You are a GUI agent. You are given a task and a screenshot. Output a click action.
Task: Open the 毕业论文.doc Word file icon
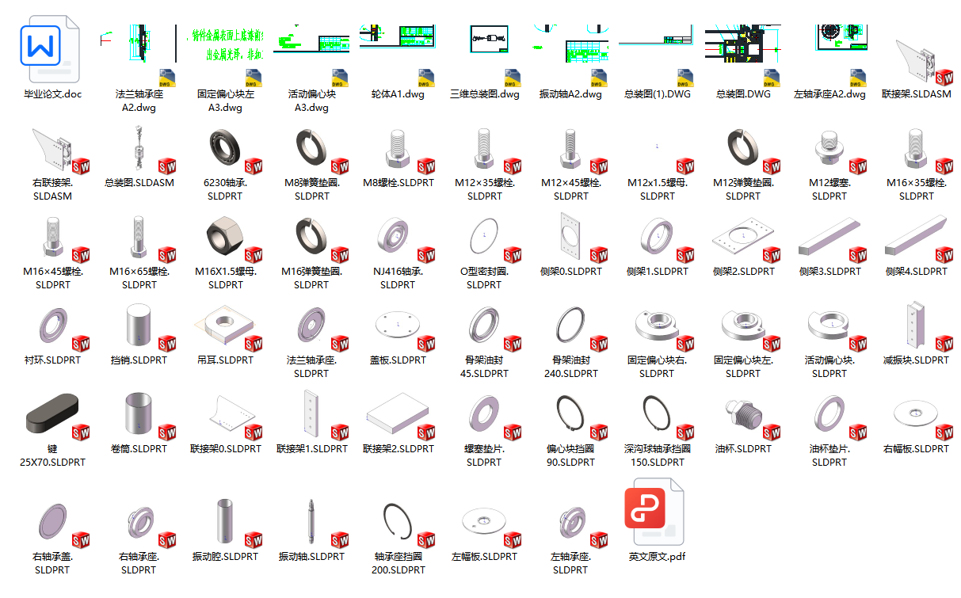[50, 49]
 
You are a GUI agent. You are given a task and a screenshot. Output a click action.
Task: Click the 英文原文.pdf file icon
[654, 512]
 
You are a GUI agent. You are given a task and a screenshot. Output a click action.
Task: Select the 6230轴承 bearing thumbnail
[225, 147]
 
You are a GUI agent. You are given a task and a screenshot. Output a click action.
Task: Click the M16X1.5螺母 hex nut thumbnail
[225, 235]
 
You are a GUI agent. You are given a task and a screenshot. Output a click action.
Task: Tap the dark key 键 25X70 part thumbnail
[52, 413]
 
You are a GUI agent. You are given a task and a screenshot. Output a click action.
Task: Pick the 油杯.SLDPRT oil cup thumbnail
[743, 414]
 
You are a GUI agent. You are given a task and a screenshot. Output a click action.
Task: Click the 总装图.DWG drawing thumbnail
[743, 44]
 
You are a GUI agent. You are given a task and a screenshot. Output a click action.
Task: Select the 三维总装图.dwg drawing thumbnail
[489, 39]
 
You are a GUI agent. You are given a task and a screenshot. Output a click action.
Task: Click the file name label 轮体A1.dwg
[398, 94]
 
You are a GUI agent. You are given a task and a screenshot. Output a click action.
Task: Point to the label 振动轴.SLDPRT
[311, 557]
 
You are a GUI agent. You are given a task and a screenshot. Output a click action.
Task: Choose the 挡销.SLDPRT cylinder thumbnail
[138, 325]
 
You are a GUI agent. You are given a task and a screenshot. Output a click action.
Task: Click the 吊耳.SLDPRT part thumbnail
[224, 324]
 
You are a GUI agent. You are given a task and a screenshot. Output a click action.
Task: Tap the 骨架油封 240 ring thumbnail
[570, 324]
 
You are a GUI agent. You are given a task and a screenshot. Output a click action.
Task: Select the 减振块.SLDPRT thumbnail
[915, 324]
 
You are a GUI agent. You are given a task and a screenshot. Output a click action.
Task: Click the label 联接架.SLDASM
[917, 94]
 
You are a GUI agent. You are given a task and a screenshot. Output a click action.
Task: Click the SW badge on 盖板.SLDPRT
[426, 344]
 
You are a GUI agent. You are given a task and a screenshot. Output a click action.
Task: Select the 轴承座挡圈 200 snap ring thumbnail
[398, 521]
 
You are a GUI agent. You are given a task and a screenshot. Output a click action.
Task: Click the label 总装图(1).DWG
[658, 94]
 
